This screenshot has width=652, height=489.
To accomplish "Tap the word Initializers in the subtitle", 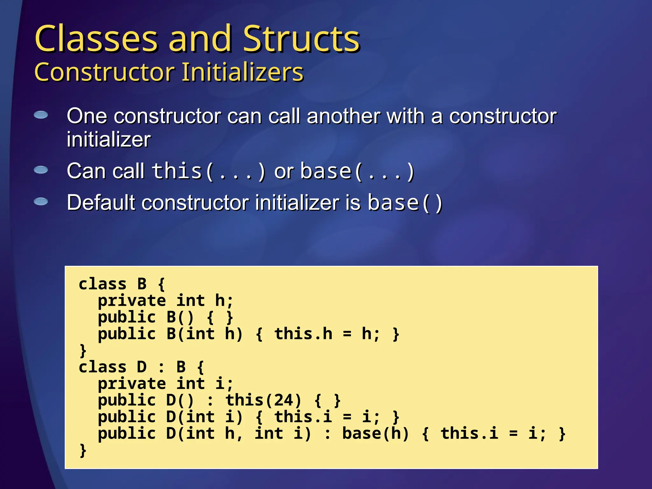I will (x=243, y=73).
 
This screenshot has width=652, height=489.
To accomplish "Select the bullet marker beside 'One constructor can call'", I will (x=41, y=115).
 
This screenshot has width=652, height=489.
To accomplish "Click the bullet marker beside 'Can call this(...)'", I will (x=41, y=170).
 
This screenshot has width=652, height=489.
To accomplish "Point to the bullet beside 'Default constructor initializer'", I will (x=41, y=202).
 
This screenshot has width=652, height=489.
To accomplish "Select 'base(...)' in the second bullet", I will (x=357, y=171).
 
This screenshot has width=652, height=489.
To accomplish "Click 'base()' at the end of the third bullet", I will (x=405, y=203).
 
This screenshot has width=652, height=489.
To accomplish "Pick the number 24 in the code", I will (x=283, y=400).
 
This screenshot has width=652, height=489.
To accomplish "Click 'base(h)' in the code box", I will (x=375, y=433).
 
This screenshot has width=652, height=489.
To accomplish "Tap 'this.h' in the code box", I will (x=303, y=334).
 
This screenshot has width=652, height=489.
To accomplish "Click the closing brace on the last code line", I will (x=83, y=450).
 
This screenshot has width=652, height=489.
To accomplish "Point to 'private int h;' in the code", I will (x=165, y=301).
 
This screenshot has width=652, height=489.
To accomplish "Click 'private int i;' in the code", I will (x=165, y=384).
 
